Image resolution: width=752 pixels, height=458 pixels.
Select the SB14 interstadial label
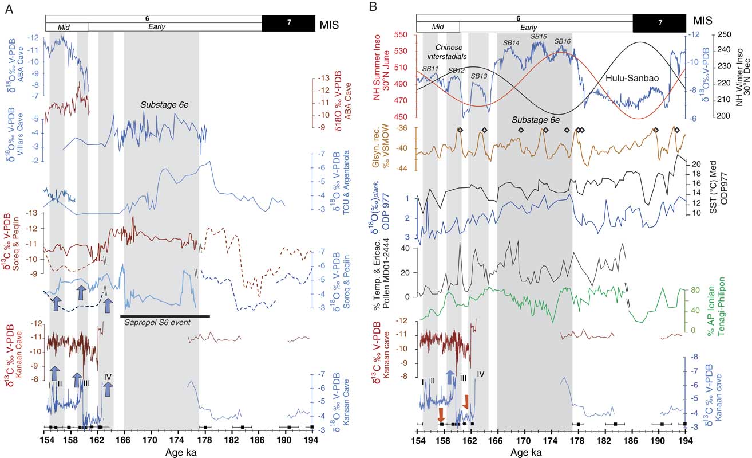point(510,42)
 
